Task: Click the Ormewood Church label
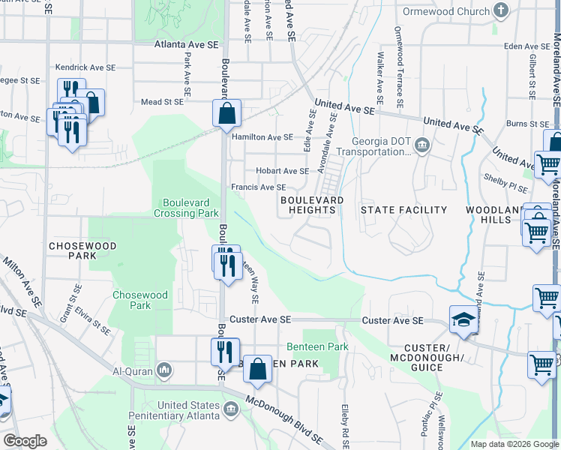coord(445,11)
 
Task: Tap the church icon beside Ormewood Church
coord(502,11)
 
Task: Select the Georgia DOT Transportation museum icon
coord(422,144)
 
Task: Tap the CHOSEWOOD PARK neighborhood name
coord(73,250)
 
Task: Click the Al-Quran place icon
coord(164,370)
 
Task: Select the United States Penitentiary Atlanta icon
coord(231,408)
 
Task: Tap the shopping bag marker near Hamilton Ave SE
coord(226,114)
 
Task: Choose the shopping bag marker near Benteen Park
coord(257,369)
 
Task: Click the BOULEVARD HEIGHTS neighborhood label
coord(312,205)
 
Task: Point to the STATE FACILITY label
coord(403,210)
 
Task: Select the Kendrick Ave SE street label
coord(85,67)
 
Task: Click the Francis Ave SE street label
coord(258,187)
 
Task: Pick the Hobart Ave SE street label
coord(282,171)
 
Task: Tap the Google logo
coord(25,441)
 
